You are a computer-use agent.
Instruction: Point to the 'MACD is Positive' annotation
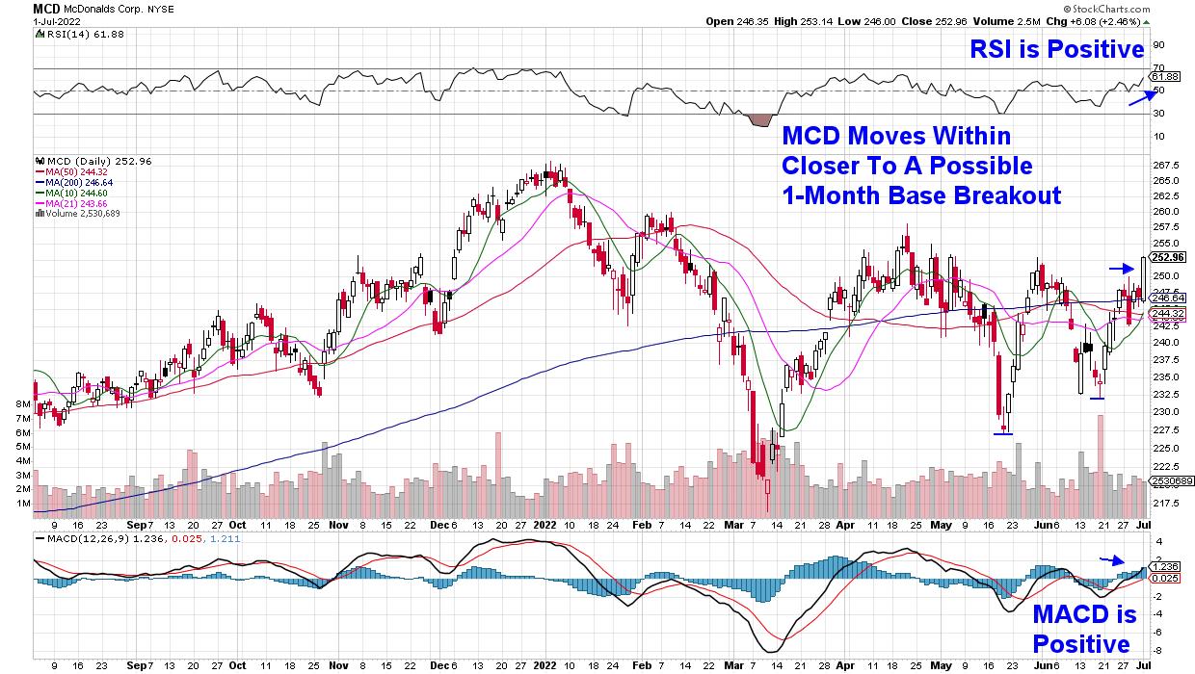pos(1084,629)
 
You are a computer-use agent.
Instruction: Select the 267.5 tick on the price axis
pos(1166,164)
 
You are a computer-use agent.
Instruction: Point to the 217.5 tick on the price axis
pos(1166,505)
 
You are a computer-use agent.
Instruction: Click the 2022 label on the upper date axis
pos(544,527)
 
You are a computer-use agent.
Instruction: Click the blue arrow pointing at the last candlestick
pos(1121,268)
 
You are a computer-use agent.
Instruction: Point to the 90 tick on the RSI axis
pos(1157,44)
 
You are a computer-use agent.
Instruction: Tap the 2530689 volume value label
pos(1169,480)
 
